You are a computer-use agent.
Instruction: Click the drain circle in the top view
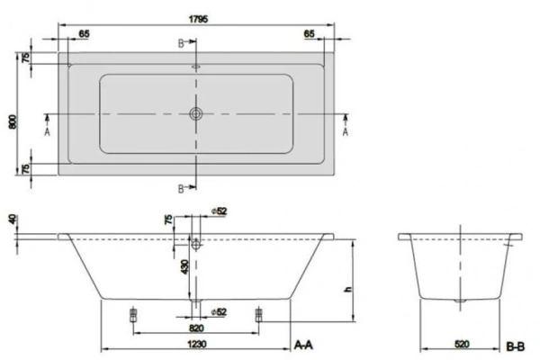click(x=195, y=114)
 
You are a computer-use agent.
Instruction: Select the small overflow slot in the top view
click(x=195, y=66)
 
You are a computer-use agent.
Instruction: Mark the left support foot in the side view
click(x=133, y=314)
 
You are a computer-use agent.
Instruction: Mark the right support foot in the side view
click(x=259, y=314)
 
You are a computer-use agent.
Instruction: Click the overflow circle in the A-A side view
click(x=195, y=240)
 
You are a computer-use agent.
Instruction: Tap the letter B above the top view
click(x=180, y=42)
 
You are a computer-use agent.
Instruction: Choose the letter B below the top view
click(x=180, y=187)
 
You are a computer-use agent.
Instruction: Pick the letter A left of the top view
click(x=47, y=130)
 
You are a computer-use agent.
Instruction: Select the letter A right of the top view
click(x=346, y=130)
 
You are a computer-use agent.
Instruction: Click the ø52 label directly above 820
click(x=216, y=312)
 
